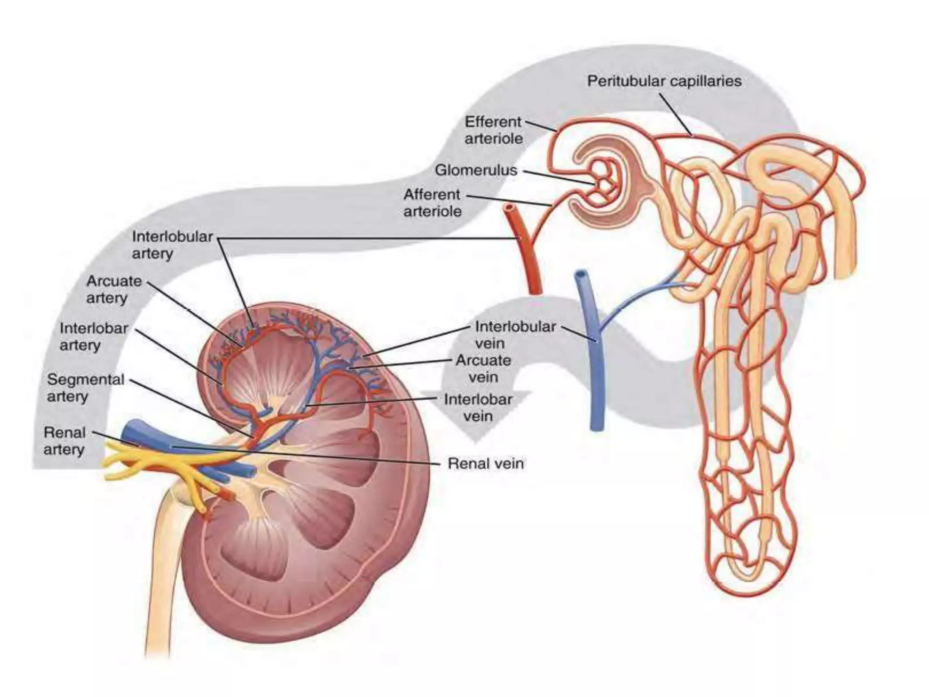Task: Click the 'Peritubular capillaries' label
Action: (x=664, y=81)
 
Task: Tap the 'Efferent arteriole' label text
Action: (x=494, y=130)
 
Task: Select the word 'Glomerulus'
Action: (x=476, y=170)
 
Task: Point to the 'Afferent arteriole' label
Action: (x=432, y=203)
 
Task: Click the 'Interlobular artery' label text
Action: (x=172, y=245)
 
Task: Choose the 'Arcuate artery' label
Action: (x=114, y=289)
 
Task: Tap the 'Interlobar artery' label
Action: (x=93, y=336)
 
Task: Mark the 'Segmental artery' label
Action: (x=85, y=388)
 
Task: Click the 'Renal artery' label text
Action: (x=64, y=441)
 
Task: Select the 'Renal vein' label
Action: (x=485, y=463)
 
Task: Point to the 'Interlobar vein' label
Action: (x=478, y=407)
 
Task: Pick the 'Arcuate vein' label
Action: (x=483, y=368)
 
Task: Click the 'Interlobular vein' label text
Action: (x=515, y=334)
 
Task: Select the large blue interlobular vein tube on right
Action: (x=594, y=363)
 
